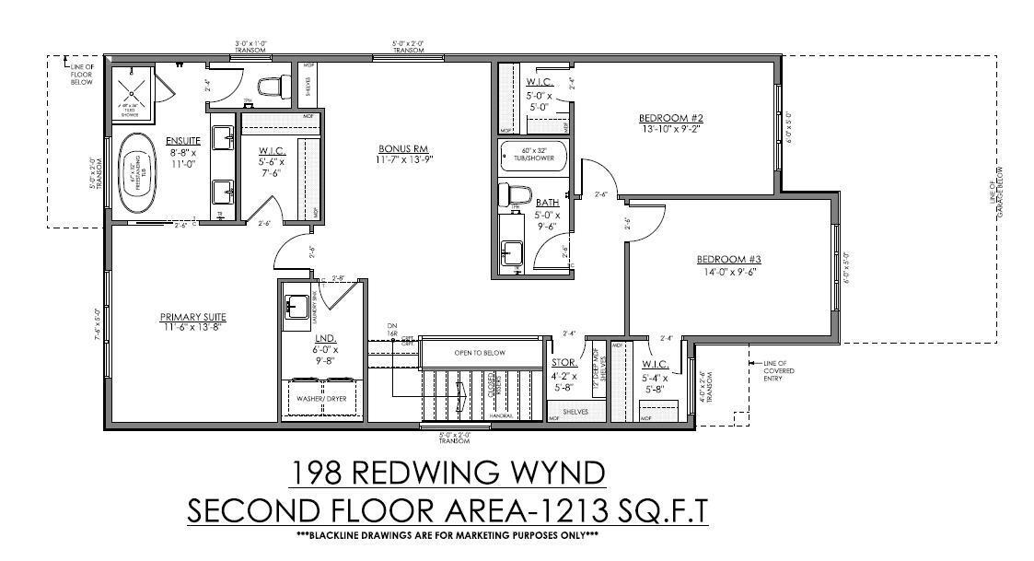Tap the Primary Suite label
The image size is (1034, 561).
click(192, 317)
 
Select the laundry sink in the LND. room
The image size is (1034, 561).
click(296, 307)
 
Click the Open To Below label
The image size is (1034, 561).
click(481, 353)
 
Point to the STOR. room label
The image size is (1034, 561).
click(563, 363)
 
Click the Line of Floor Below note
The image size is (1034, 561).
click(82, 72)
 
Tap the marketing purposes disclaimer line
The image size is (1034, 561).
click(447, 535)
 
